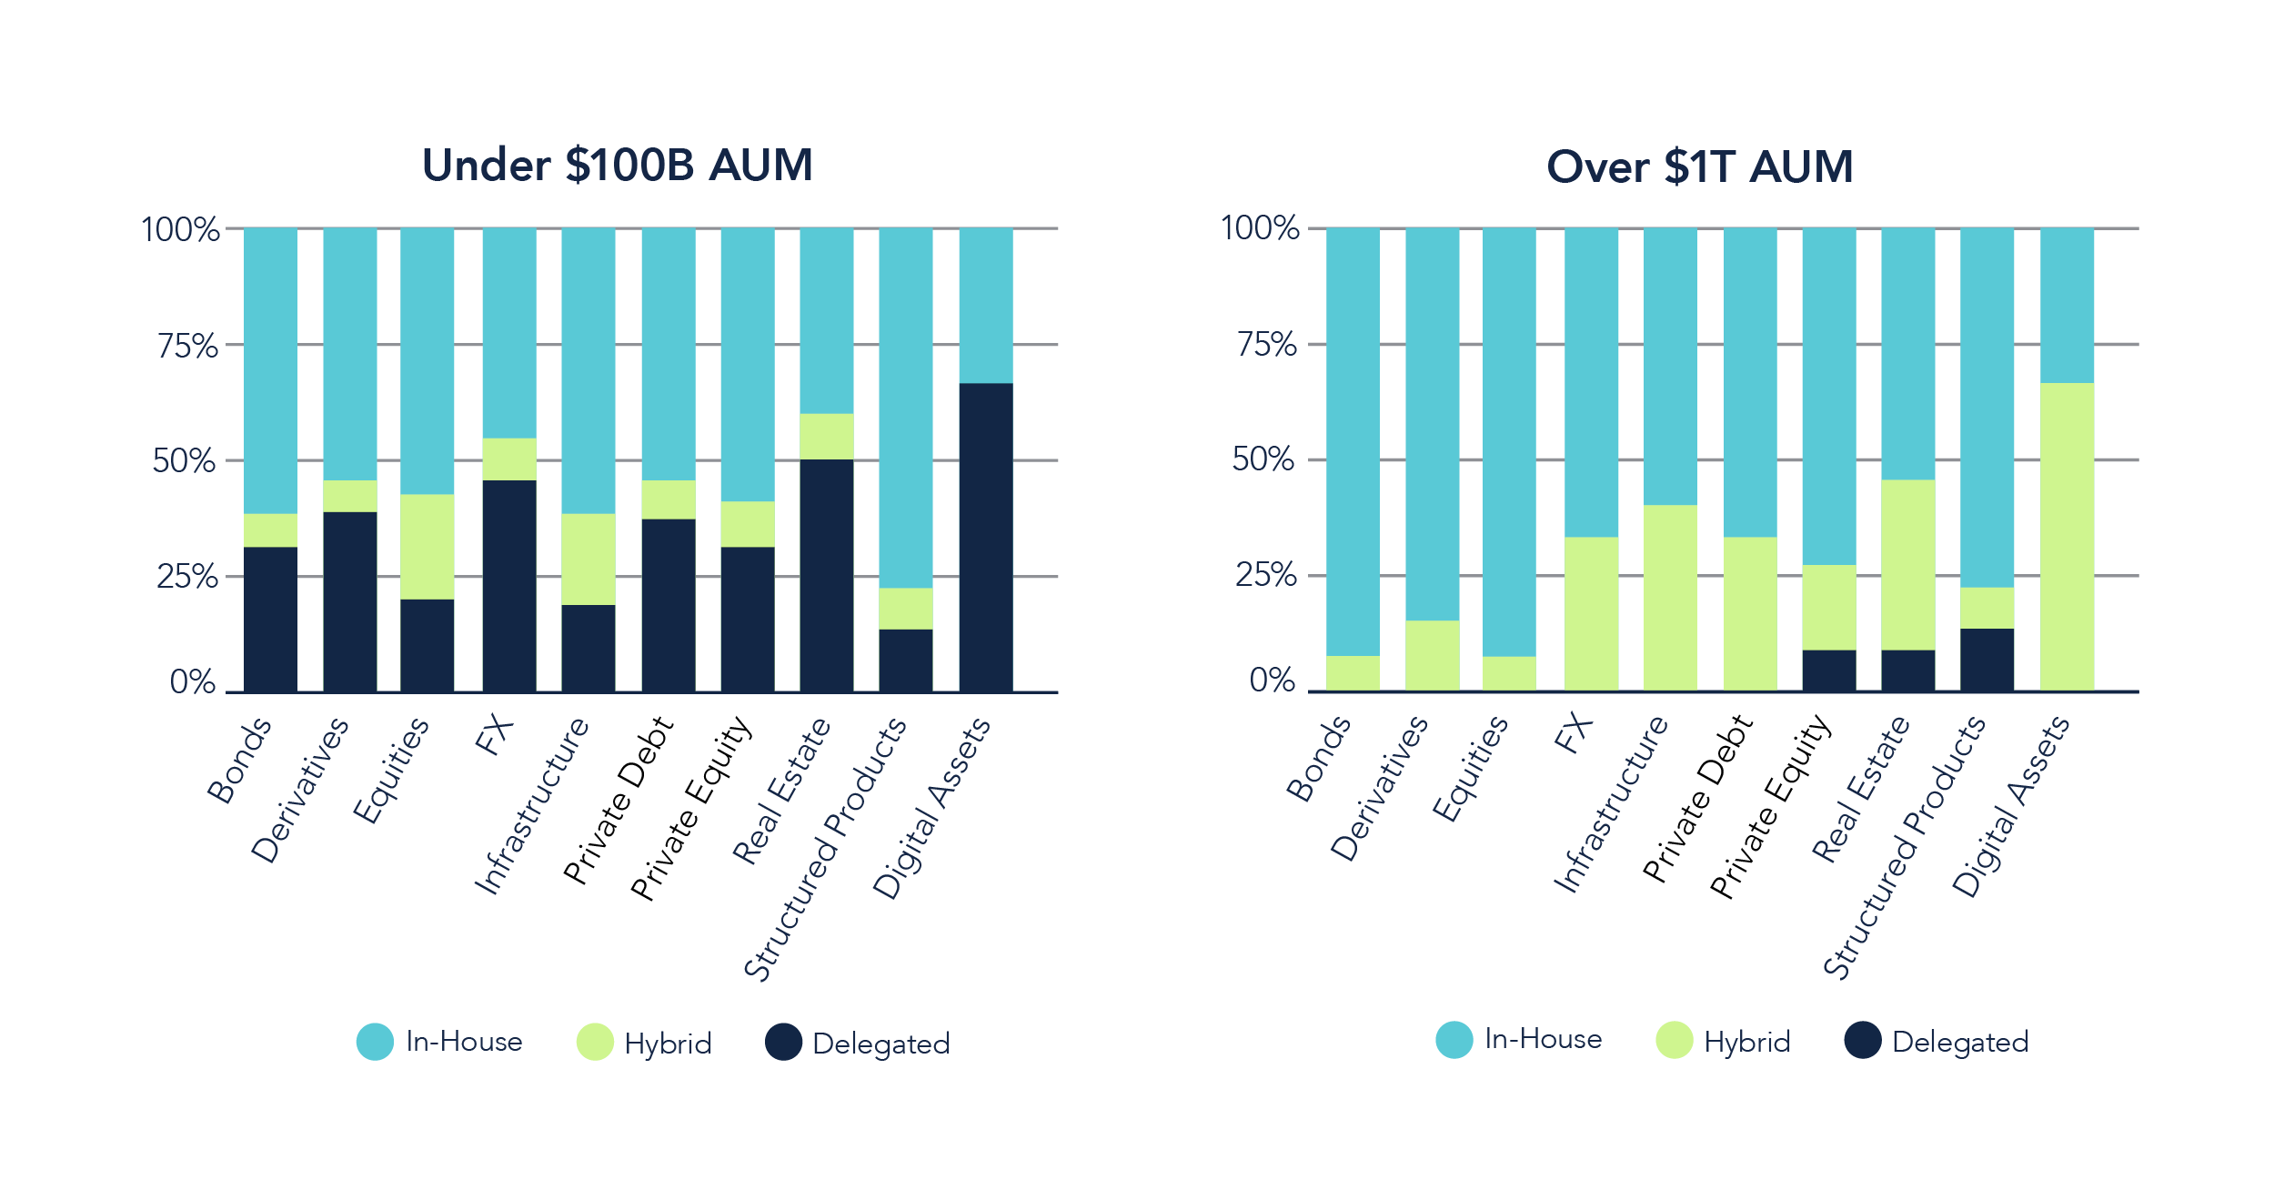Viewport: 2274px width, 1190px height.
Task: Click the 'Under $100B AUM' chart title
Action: coord(618,166)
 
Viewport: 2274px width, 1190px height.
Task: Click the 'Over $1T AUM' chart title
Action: coord(1699,167)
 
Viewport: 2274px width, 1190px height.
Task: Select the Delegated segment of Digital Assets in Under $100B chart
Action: coord(985,537)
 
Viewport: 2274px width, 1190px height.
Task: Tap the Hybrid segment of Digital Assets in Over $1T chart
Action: coord(2067,537)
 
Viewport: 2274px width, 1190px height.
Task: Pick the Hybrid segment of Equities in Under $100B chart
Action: coord(428,546)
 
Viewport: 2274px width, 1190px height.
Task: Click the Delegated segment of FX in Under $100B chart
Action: coord(509,585)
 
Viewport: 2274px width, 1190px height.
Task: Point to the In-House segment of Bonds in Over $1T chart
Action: coord(1353,441)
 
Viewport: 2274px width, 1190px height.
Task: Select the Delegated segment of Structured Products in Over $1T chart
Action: coord(1987,659)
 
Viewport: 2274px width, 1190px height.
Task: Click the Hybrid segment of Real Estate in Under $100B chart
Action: coord(827,437)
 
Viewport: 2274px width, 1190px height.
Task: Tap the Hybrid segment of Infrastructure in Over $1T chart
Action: coord(1670,597)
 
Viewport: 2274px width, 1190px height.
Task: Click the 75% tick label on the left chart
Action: coord(187,347)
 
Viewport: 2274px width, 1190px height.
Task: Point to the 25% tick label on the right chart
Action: coord(1265,575)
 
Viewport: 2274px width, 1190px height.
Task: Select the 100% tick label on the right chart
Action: coord(1259,228)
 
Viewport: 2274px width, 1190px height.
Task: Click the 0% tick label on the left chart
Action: coord(193,682)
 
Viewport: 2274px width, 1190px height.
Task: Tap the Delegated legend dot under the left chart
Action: coord(783,1043)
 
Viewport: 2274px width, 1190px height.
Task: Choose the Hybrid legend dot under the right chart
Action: coord(1674,1041)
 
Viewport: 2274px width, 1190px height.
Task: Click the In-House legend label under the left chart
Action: coord(464,1042)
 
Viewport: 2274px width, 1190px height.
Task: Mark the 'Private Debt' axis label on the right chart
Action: coord(1697,799)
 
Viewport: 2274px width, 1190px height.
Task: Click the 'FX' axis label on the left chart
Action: coord(494,735)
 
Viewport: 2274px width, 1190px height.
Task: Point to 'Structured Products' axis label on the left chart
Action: coord(825,849)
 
